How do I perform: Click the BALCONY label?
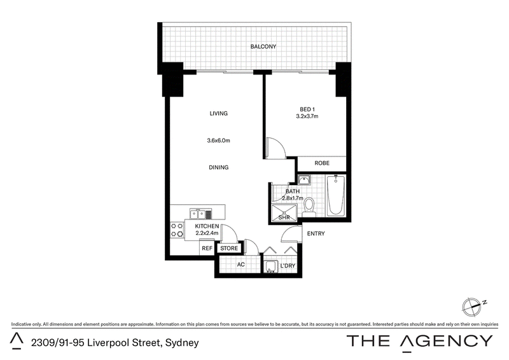[263, 46]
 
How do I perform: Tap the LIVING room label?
[218, 113]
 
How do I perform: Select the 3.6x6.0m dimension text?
[218, 141]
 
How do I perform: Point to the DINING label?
[218, 167]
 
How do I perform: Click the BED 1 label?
[307, 109]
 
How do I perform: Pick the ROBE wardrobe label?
[322, 163]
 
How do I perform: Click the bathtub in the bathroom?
[336, 195]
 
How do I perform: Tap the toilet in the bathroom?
[309, 207]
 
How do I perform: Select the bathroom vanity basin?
[304, 180]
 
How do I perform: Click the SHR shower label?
[284, 218]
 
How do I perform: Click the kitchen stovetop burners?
[177, 229]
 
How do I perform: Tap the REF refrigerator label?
[207, 248]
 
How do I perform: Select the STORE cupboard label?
[229, 248]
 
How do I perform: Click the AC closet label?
[241, 265]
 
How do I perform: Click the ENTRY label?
[316, 233]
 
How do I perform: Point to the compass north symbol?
[473, 307]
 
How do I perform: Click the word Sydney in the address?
[182, 343]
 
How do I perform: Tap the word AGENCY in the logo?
[447, 342]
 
